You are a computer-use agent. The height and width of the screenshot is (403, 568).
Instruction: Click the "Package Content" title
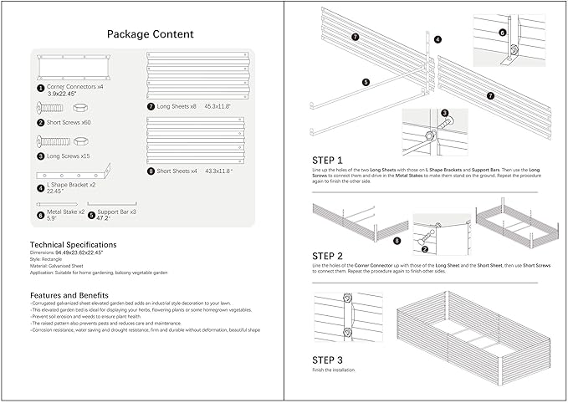pyautogui.click(x=150, y=34)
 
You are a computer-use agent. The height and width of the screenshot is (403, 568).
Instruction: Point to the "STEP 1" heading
pyautogui.click(x=327, y=160)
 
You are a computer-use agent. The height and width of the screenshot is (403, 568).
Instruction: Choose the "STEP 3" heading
pyautogui.click(x=327, y=360)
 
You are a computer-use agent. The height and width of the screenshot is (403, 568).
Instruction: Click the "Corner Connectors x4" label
pyautogui.click(x=75, y=87)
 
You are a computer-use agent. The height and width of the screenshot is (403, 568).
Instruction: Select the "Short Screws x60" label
pyautogui.click(x=69, y=122)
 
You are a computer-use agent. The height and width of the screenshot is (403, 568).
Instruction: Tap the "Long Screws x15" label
pyautogui.click(x=69, y=156)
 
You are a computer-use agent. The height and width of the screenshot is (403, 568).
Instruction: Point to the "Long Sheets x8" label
pyautogui.click(x=177, y=106)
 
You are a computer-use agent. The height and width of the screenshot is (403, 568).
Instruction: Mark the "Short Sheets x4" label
pyautogui.click(x=177, y=171)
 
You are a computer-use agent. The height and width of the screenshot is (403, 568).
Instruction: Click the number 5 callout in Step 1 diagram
pyautogui.click(x=366, y=82)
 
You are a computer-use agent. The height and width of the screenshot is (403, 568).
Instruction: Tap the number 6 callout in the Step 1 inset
pyautogui.click(x=502, y=33)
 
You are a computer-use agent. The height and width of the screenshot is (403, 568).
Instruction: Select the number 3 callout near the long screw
pyautogui.click(x=445, y=113)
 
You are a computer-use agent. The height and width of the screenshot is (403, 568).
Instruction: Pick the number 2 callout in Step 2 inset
pyautogui.click(x=425, y=248)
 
